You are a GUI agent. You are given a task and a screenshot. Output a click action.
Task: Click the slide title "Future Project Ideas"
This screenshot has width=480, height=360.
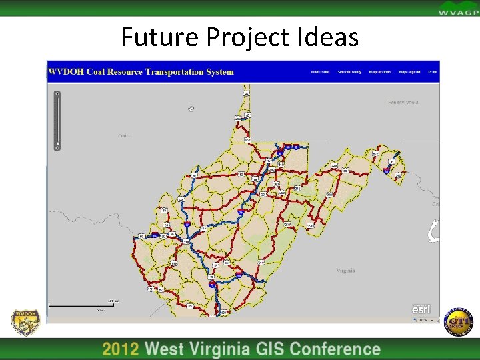[239, 37]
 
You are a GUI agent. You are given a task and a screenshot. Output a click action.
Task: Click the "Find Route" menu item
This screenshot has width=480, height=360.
[320, 72]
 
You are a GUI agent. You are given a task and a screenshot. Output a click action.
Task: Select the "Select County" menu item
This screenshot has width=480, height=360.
[349, 72]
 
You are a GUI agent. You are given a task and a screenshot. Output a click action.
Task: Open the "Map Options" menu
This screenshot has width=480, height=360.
[380, 72]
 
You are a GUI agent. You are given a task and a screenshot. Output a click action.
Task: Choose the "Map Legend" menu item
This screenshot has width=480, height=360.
[409, 72]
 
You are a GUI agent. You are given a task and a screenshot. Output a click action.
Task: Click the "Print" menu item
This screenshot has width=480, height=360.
[432, 72]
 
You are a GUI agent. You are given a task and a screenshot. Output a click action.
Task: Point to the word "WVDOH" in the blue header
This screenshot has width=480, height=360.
[65, 72]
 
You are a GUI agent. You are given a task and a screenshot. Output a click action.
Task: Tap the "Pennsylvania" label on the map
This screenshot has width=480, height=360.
[403, 103]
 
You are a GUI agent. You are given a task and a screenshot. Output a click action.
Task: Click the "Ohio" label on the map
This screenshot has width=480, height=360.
[124, 135]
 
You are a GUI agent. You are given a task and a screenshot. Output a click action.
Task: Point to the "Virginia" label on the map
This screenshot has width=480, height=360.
[345, 271]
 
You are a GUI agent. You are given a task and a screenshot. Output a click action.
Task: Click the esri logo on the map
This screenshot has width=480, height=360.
[421, 309]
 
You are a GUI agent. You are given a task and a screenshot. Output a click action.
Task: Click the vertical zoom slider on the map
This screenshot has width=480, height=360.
[58, 120]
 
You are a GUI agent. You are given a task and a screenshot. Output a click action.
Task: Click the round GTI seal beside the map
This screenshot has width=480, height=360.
[457, 323]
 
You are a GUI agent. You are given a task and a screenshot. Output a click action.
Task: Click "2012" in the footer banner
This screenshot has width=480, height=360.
[120, 349]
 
